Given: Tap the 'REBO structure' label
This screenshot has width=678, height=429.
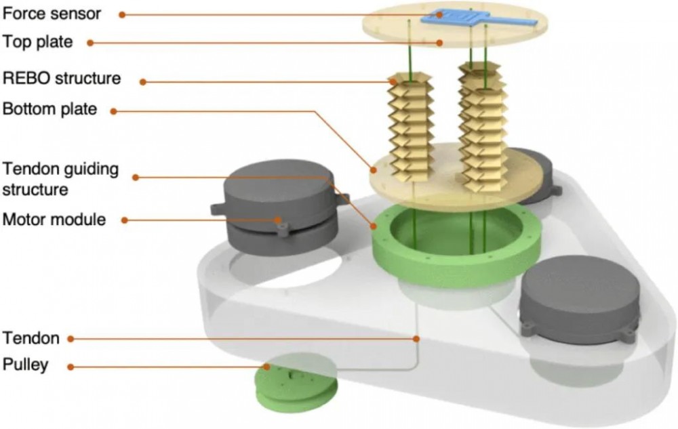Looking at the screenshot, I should point(62,78).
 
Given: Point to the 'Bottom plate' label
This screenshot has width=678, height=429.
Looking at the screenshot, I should point(50,108).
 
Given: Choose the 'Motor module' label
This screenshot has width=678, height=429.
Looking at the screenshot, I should point(54,220).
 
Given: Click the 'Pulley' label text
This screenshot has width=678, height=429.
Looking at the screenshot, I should point(26,365).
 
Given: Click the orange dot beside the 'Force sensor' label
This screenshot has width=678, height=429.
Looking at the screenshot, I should point(121,14).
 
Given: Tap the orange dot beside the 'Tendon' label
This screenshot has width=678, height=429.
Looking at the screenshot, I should point(73,338).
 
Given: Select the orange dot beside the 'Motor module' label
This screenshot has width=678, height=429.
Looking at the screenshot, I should point(124,220).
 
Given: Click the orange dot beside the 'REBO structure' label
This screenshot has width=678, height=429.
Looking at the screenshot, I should point(143,82).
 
